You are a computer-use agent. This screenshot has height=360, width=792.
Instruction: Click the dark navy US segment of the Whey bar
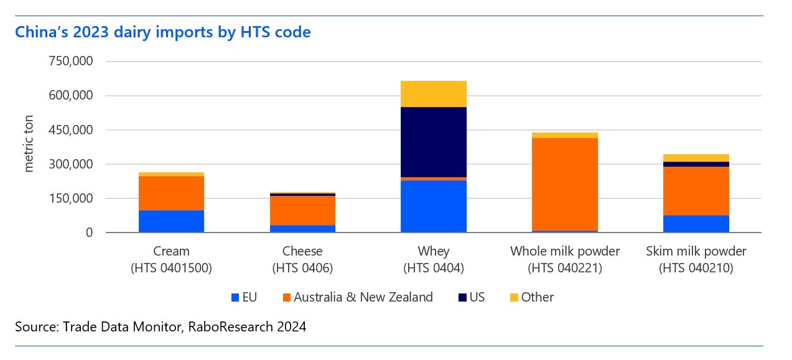coord(434,142)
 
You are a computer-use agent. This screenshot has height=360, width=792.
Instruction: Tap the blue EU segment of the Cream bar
coord(171,221)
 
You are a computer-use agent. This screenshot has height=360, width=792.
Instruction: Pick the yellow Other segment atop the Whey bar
coord(434,94)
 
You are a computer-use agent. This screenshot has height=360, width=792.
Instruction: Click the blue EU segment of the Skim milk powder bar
coord(696,223)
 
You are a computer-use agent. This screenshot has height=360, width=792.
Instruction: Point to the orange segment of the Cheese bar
coord(302,210)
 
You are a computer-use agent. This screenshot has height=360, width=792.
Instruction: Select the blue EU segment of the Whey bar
coord(434,206)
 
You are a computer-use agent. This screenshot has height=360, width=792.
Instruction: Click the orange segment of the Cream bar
coord(171,193)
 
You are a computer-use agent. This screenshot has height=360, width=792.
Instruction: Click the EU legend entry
coord(244,297)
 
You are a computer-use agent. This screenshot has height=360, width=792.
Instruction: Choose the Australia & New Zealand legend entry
coord(357,297)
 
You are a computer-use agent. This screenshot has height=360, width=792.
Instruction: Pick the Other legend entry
coord(530,297)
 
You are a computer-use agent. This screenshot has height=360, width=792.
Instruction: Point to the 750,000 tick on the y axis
coord(70,62)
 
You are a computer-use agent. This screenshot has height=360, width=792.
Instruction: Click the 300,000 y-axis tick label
coord(70,164)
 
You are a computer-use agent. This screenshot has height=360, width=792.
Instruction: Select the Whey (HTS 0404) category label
coord(434,259)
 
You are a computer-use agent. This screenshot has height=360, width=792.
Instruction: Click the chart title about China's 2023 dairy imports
coord(162,32)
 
